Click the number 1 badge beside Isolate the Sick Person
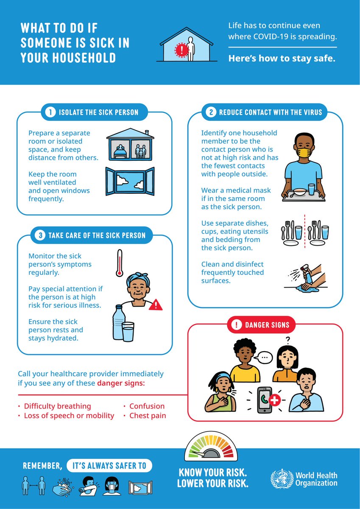tap(50, 112)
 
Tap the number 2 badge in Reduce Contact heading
tap(211, 112)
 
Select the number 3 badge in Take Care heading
tap(39, 235)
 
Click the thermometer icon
tap(120, 263)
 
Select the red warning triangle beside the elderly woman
tap(156, 304)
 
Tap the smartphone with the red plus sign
tap(266, 399)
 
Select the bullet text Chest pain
tap(148, 416)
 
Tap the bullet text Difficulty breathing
tap(57, 406)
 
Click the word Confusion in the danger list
tap(147, 406)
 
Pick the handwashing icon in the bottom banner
tap(63, 485)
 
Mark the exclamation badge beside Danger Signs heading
tap(235, 325)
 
